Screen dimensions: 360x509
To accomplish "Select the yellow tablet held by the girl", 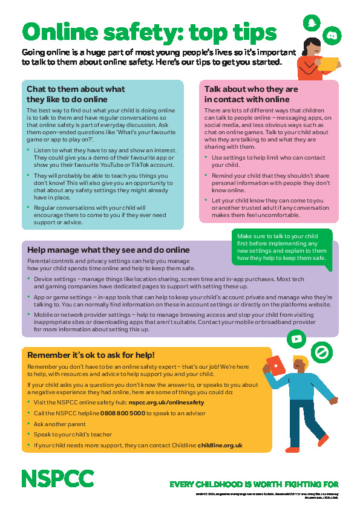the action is [329, 63].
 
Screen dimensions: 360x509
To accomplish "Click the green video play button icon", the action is [297, 339].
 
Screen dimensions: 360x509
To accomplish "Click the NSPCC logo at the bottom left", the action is [57, 478].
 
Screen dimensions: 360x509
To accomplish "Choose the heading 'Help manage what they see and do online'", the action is [108, 250].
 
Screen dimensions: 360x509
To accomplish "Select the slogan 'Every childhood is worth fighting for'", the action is [254, 484].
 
